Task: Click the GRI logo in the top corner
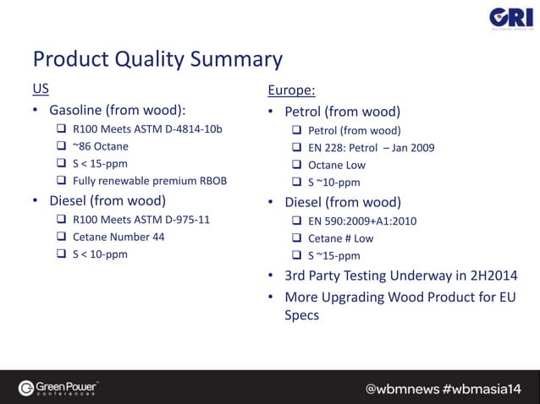pos(510,19)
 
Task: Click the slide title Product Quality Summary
pos(157,59)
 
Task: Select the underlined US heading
pos(41,89)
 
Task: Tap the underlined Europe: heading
pos(292,90)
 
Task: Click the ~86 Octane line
pos(101,146)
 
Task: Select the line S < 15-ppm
pos(100,163)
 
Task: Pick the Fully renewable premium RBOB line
pos(150,180)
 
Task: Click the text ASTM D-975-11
pos(170,220)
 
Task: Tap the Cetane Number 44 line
pos(118,237)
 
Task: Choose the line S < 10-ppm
pos(100,254)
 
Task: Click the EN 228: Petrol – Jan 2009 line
pos(371,148)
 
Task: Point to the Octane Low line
pos(337,165)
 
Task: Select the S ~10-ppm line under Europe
pos(333,182)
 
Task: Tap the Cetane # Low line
pos(340,238)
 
